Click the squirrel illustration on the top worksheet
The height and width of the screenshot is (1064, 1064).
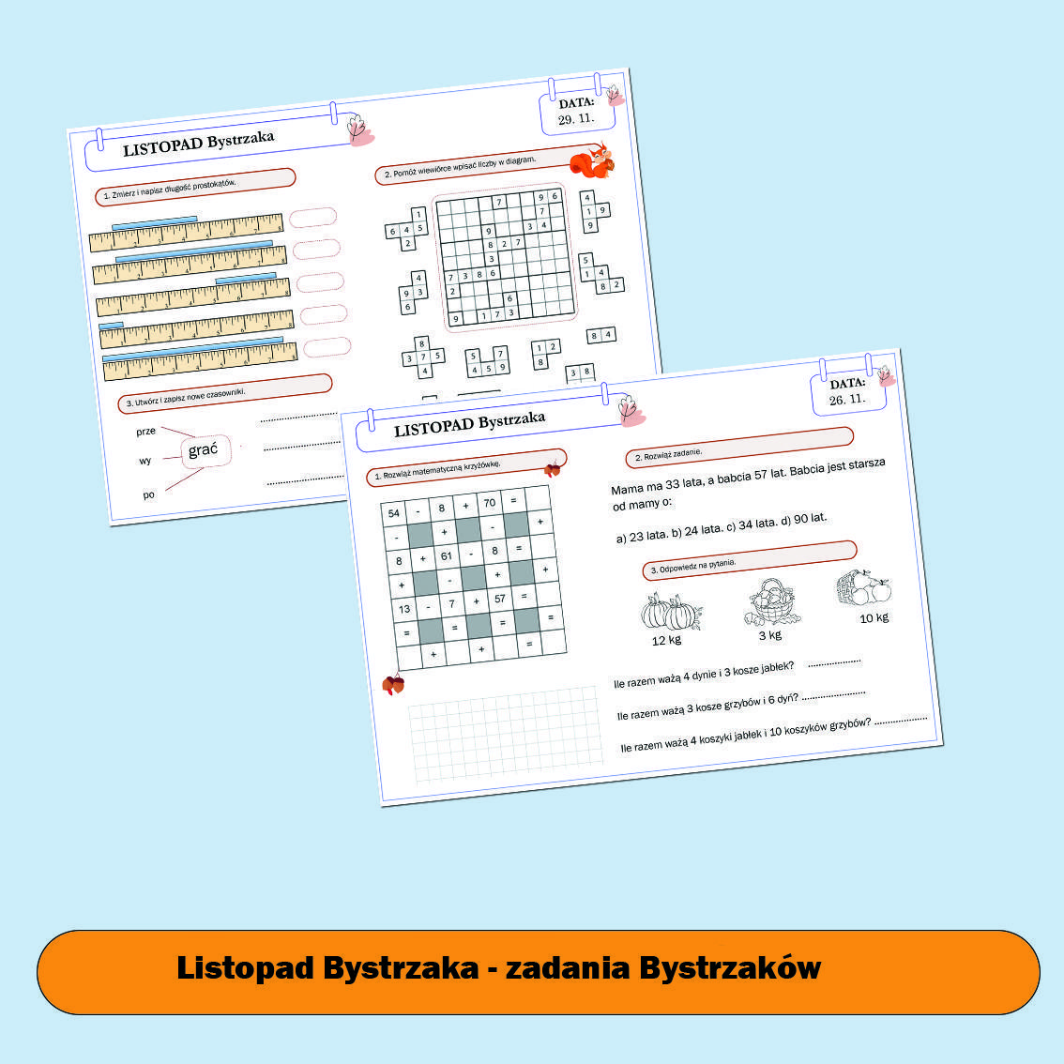592,161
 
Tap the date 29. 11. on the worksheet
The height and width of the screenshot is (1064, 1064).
576,119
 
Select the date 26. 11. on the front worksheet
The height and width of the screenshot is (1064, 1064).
846,399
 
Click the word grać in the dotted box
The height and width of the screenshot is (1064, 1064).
203,450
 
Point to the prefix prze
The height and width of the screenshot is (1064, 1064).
146,432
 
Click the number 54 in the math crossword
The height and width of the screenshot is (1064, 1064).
393,513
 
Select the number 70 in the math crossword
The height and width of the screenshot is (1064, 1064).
489,503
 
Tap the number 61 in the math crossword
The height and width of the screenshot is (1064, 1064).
447,555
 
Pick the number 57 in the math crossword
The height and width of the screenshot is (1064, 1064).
499,598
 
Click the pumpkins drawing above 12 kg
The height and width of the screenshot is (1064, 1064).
670,612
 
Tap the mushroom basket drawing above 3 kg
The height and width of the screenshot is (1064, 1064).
771,602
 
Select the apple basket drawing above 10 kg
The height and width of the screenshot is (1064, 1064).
863,588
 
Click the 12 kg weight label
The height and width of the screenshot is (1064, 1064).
666,640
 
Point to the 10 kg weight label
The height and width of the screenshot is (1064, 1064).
874,617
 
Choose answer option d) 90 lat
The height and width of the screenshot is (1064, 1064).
803,519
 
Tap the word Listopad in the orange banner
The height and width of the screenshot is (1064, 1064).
245,968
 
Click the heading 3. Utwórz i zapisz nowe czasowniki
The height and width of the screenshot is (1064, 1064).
186,398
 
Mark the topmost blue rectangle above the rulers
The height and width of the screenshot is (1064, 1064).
154,222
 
